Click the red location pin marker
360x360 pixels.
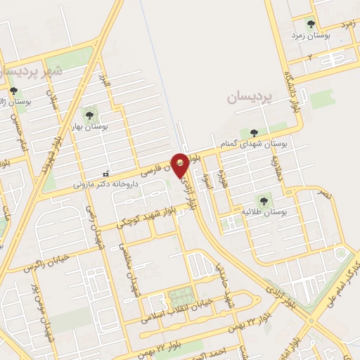[x=180, y=165]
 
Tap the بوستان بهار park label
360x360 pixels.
[x=89, y=126]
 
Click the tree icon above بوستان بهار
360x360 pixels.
[x=89, y=113]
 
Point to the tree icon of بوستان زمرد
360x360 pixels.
[x=311, y=23]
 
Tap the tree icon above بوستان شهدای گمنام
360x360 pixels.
[x=254, y=132]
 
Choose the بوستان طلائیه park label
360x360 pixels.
[x=264, y=211]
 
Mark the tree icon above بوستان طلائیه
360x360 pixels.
[x=264, y=199]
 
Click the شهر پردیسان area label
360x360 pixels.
[x=33, y=72]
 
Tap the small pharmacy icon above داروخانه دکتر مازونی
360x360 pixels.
[x=105, y=174]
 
